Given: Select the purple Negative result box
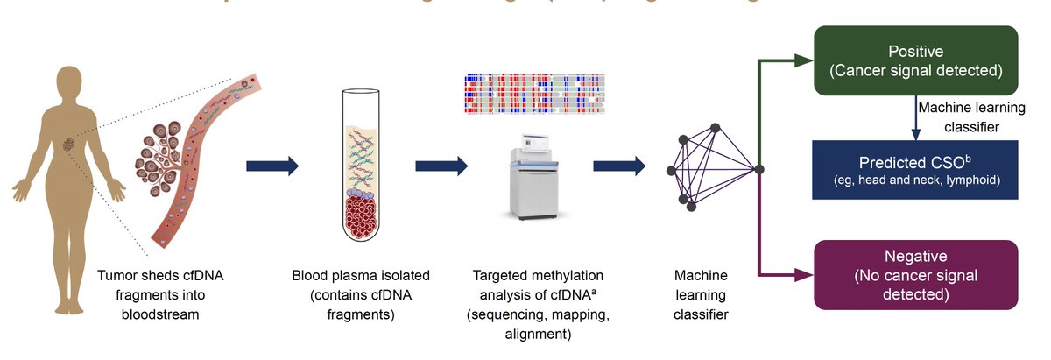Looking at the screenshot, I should point(915,275).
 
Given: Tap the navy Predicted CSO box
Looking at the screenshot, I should point(915,170).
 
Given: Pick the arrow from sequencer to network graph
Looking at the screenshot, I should point(618,166).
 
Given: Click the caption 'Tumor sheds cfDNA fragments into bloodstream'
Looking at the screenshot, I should point(166,293).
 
